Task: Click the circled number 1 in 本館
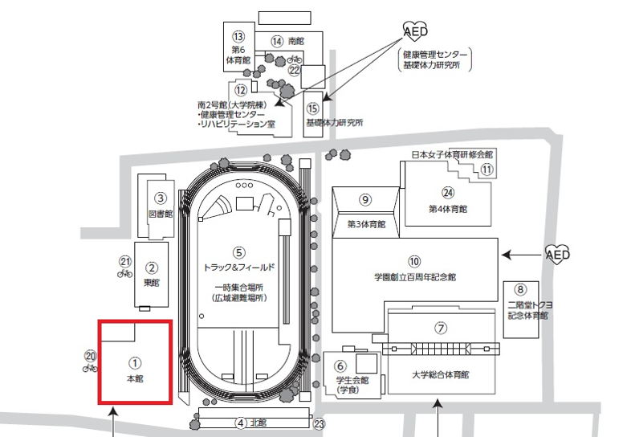(135, 363)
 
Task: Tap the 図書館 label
(161, 214)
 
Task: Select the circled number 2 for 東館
(152, 268)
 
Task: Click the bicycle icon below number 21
(124, 273)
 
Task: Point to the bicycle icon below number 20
(90, 367)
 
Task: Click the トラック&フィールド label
(239, 268)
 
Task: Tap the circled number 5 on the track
(238, 252)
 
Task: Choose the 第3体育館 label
(366, 224)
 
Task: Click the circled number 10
(414, 261)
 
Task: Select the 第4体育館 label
(448, 209)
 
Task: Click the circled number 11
(487, 169)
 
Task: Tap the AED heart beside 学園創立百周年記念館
(558, 254)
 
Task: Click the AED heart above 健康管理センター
(415, 31)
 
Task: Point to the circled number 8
(520, 289)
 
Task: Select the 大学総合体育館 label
(440, 375)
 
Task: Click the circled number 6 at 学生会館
(340, 366)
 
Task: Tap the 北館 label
(259, 423)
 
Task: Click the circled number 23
(319, 424)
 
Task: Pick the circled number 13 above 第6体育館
(238, 36)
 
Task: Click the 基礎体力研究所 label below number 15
(335, 122)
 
